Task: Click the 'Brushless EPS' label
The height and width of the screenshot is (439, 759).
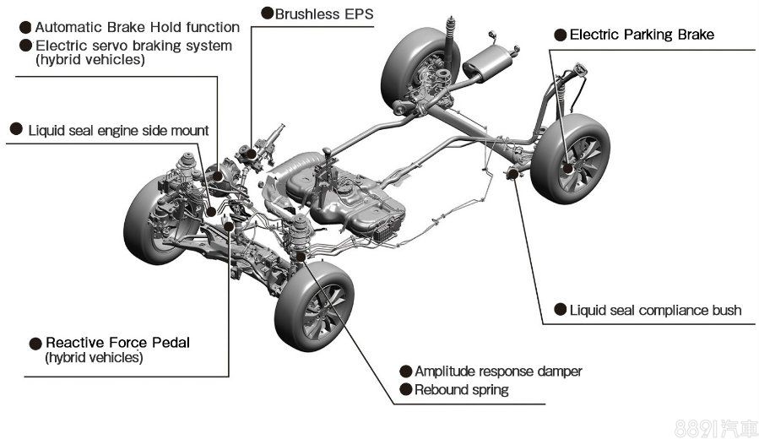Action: tap(323, 14)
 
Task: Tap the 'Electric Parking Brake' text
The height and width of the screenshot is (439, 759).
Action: tap(642, 35)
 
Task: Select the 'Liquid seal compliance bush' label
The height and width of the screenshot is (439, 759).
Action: tap(655, 311)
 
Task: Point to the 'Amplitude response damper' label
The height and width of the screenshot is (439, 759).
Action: tap(498, 371)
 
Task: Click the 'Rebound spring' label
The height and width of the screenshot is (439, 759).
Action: tap(462, 390)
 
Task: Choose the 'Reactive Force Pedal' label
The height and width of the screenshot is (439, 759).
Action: tap(117, 343)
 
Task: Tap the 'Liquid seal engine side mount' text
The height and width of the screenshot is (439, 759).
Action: tap(118, 130)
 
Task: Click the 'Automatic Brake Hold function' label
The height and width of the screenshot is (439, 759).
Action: tap(137, 27)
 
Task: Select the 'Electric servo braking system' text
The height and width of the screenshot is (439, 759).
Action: tap(133, 45)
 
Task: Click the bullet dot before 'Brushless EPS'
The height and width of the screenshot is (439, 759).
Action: tap(267, 14)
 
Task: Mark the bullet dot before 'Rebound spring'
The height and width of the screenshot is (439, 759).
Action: tap(405, 390)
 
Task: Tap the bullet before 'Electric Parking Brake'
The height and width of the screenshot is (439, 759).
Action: tap(560, 35)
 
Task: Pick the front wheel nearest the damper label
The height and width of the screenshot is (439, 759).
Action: tap(314, 304)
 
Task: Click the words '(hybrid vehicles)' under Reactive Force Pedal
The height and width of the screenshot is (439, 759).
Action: tap(94, 358)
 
